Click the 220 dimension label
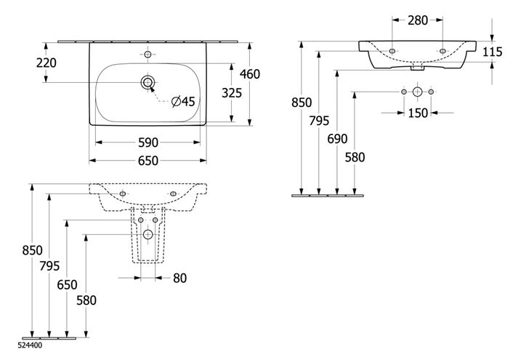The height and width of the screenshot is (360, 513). (46, 63)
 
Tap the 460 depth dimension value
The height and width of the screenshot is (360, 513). (250, 74)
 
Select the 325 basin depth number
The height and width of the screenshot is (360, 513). (232, 93)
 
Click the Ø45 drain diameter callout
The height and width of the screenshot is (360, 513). (183, 101)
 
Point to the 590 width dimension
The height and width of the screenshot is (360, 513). (148, 143)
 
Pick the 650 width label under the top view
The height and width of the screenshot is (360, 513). (148, 161)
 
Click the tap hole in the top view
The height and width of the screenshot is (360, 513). (148, 55)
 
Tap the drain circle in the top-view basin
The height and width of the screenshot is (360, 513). (148, 83)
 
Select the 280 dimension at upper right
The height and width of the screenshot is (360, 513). (418, 20)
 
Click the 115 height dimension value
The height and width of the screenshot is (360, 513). (493, 52)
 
